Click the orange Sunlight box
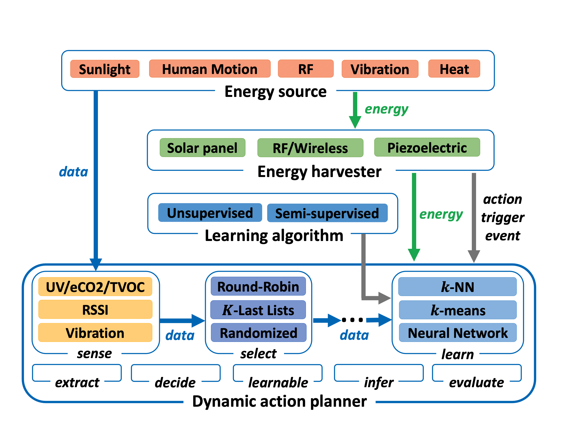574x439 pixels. (105, 69)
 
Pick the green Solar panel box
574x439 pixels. (202, 148)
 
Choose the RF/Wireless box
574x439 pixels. (310, 148)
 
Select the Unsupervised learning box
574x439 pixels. (210, 213)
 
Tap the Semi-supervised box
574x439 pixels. (327, 213)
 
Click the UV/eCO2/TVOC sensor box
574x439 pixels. (95, 287)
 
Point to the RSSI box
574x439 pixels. (95, 309)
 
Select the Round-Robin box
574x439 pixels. (258, 286)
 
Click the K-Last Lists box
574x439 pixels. (258, 310)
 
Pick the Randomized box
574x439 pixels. (258, 333)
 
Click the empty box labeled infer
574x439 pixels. (378, 373)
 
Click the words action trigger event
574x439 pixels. (502, 217)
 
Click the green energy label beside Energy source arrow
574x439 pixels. (386, 109)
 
